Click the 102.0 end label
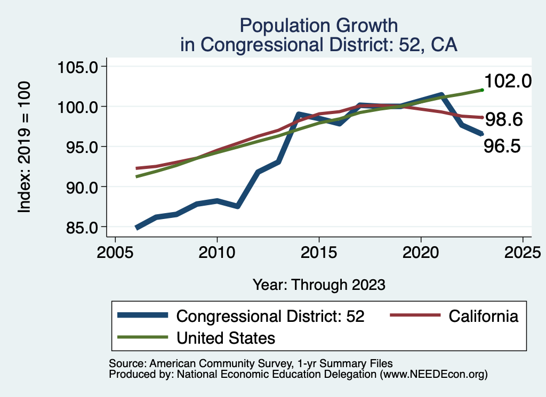click(508, 81)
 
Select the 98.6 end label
click(503, 120)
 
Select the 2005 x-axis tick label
click(115, 252)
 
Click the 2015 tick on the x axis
click(319, 252)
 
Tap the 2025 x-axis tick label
click(523, 252)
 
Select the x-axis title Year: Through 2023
click(319, 285)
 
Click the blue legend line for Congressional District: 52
click(143, 315)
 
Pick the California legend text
click(483, 316)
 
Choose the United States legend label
click(226, 337)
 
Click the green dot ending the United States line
click(482, 90)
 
